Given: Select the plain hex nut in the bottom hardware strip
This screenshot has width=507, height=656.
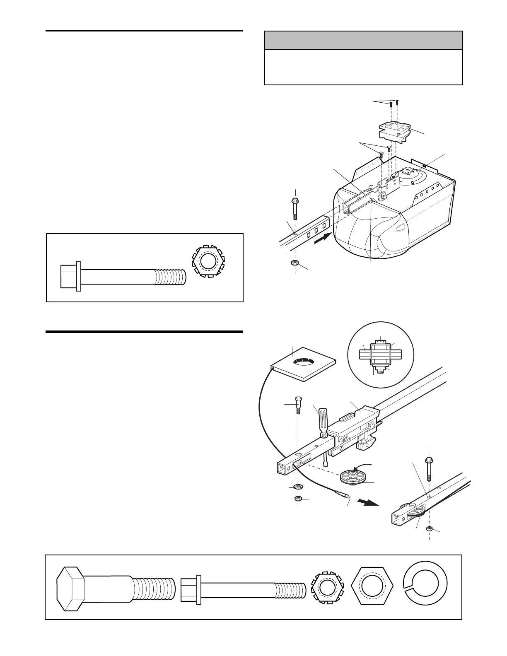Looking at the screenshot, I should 372,585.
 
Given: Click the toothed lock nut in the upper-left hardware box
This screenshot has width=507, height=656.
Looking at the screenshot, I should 207,263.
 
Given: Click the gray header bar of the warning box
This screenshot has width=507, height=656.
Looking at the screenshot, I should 363,41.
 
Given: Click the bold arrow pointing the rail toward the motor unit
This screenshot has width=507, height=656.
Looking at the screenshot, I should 323,239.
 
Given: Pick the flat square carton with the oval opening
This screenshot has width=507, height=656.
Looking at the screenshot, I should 303,363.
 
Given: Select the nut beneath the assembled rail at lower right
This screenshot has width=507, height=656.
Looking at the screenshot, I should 430,529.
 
